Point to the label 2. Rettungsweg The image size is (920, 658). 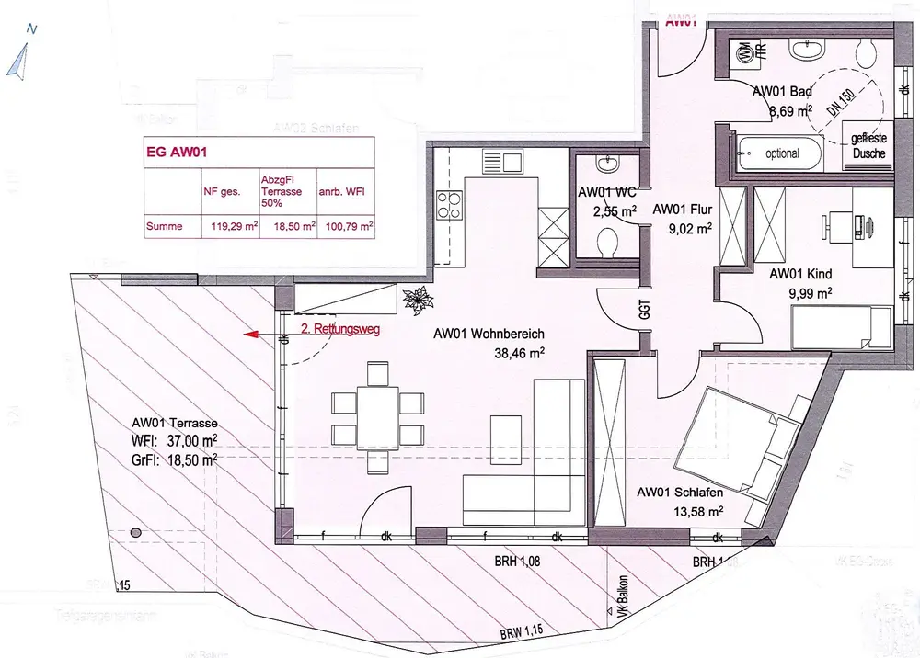[x=339, y=327]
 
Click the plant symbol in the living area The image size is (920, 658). [x=419, y=300]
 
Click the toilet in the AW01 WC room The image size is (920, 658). [x=607, y=244]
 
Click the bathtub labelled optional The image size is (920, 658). [x=781, y=153]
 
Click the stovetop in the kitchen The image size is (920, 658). [x=451, y=206]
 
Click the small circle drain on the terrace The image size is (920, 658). [x=137, y=532]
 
